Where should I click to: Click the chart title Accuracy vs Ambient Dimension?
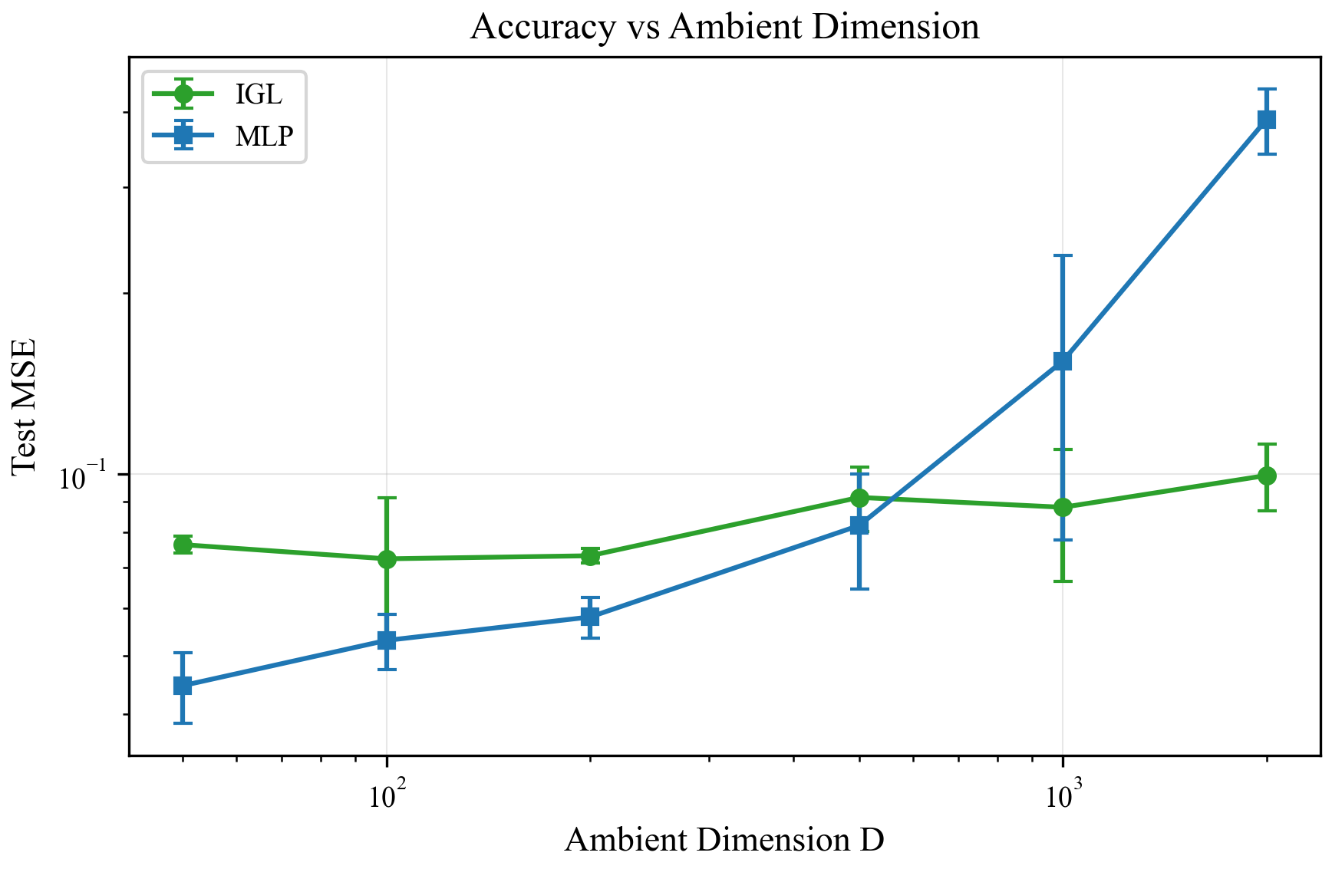pos(724,28)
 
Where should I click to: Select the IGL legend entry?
pos(259,94)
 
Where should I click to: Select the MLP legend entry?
pos(264,137)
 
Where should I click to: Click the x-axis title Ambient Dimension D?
pos(724,840)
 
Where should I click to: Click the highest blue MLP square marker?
pos(1267,120)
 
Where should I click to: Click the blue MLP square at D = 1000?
pos(1063,361)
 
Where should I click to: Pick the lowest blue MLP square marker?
pos(183,686)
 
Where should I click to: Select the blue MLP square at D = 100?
pos(387,640)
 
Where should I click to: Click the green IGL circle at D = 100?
pos(387,559)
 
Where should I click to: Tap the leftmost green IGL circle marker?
pos(183,545)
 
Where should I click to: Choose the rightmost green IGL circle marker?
pos(1267,476)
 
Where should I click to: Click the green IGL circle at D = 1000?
pos(1063,508)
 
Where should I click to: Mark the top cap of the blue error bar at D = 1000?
pos(1063,256)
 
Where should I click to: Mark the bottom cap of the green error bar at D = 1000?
pos(1063,581)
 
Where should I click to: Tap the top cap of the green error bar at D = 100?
pos(387,498)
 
